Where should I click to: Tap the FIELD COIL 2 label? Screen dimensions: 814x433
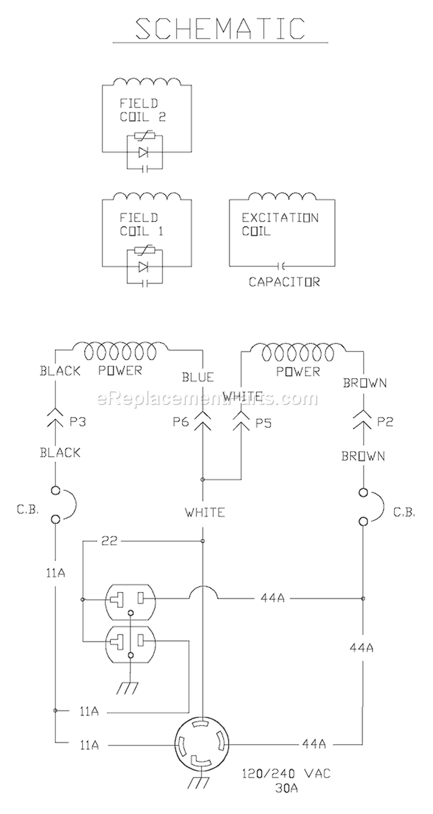pos(139,109)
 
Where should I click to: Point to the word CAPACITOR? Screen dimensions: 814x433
pos(284,282)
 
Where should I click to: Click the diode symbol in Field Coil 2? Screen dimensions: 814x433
pos(144,153)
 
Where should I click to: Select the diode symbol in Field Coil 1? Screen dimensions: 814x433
pos(144,267)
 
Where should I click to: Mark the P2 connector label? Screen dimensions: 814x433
pos(385,422)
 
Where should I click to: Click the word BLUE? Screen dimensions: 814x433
pos(198,378)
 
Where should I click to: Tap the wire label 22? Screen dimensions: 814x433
pos(109,541)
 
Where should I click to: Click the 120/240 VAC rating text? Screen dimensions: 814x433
pos(288,774)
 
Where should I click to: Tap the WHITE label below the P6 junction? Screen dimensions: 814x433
pos(205,512)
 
